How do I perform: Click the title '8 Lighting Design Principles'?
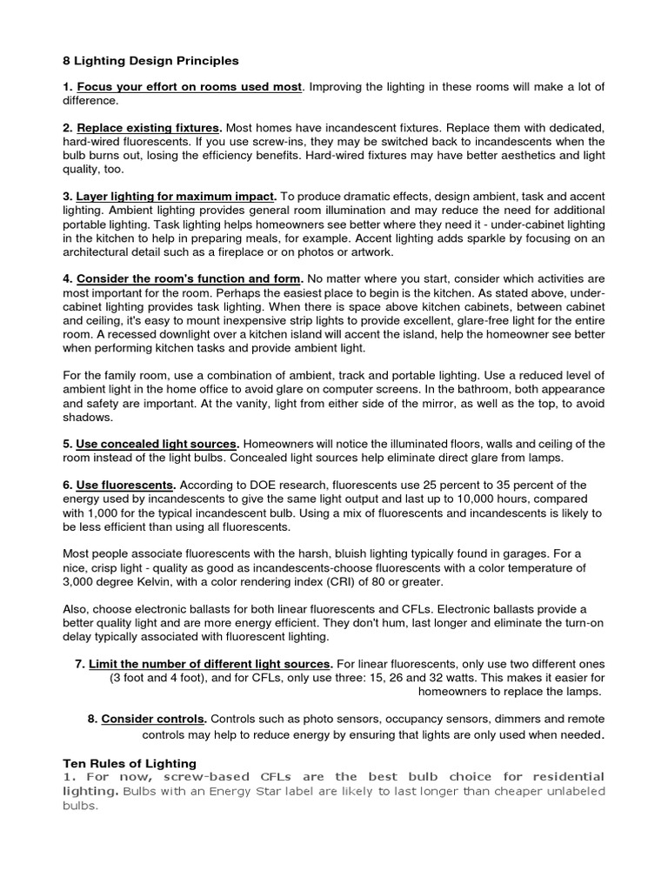pyautogui.click(x=150, y=61)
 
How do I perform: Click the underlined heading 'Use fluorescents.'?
pyautogui.click(x=126, y=485)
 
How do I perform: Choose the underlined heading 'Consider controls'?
pyautogui.click(x=154, y=720)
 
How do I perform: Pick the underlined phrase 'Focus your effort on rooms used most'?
pyautogui.click(x=189, y=87)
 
